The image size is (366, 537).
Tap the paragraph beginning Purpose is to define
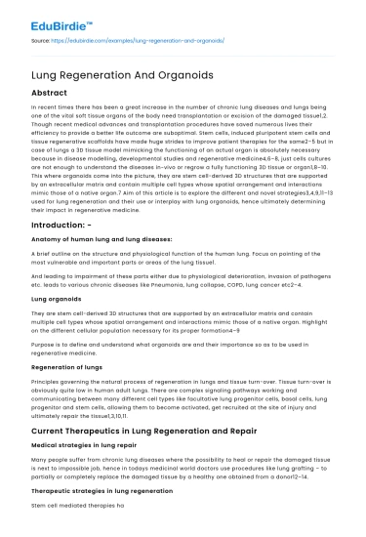pos(176,346)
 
